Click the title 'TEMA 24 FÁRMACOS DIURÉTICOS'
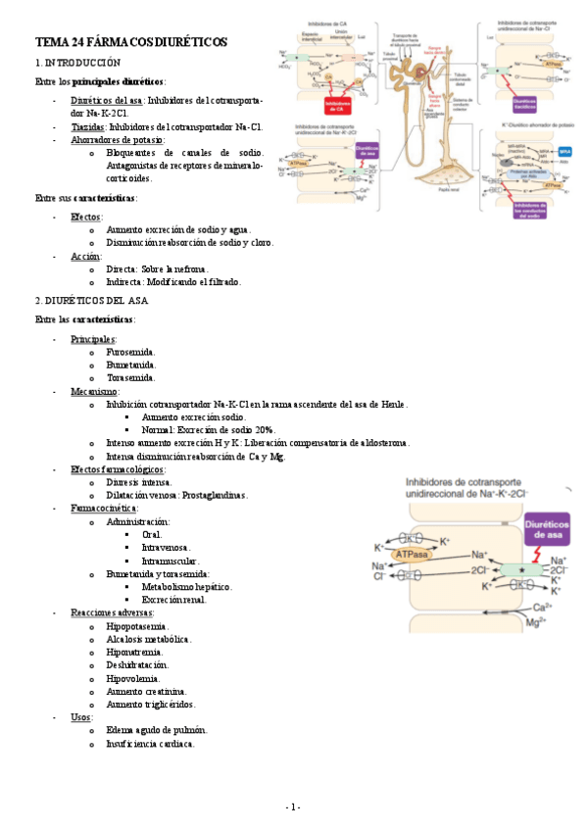click(x=130, y=43)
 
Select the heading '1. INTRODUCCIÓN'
click(x=77, y=62)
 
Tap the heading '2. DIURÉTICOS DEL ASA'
click(x=91, y=300)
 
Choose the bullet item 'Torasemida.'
click(x=130, y=377)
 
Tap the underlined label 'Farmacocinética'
click(x=103, y=509)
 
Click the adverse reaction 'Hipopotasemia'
click(x=136, y=625)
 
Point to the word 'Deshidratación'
click(x=139, y=664)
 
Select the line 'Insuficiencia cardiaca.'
click(x=150, y=743)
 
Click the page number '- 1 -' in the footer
click(x=293, y=807)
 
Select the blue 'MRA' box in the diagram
click(x=563, y=151)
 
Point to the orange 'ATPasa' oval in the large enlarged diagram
click(x=416, y=555)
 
